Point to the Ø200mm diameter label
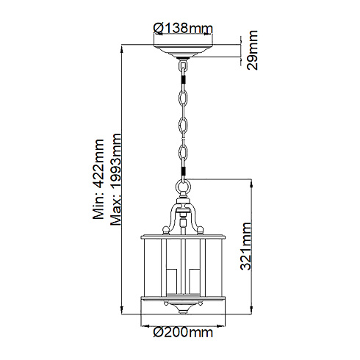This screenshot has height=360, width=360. tap(181, 332)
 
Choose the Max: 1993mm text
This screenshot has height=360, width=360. tap(117, 181)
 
